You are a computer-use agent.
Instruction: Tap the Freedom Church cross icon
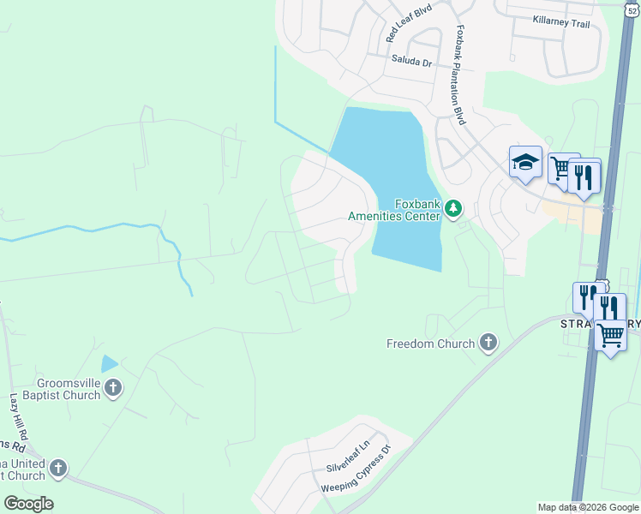(488, 344)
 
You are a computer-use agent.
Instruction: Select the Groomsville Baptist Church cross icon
(113, 390)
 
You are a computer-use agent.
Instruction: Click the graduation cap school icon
(524, 161)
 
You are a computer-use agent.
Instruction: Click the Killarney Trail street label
(561, 23)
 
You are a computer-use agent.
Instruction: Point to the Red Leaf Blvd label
(409, 22)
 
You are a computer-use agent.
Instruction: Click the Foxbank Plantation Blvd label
(461, 75)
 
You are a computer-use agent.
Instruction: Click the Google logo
(28, 504)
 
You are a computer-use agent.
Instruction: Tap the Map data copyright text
(588, 507)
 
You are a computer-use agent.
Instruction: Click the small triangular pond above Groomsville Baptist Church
(109, 364)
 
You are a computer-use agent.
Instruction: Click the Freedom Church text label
(430, 344)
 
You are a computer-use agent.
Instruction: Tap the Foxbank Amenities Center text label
(394, 210)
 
